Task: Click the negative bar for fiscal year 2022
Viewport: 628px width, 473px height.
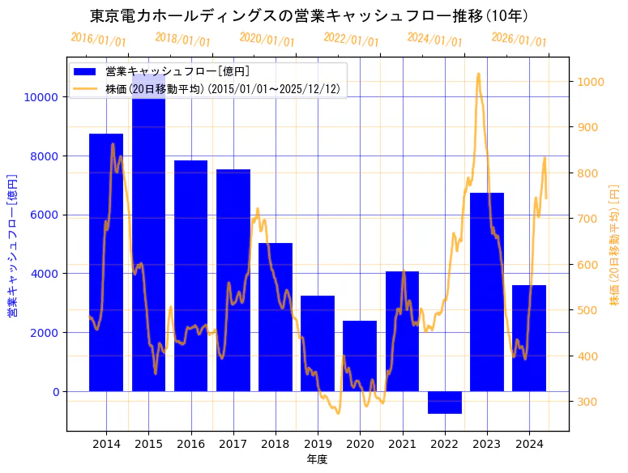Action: pyautogui.click(x=444, y=403)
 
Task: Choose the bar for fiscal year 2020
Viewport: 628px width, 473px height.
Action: pyautogui.click(x=360, y=356)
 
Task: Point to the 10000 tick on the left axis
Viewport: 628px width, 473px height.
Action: pyautogui.click(x=41, y=97)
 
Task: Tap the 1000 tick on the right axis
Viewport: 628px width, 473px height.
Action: pyautogui.click(x=588, y=82)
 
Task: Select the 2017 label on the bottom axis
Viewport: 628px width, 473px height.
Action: pyautogui.click(x=233, y=444)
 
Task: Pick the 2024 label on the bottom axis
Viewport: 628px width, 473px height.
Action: pyautogui.click(x=528, y=444)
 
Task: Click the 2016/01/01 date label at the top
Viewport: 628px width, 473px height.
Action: pyautogui.click(x=98, y=39)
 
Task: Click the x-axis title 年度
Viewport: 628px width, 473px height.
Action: pyautogui.click(x=317, y=460)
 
